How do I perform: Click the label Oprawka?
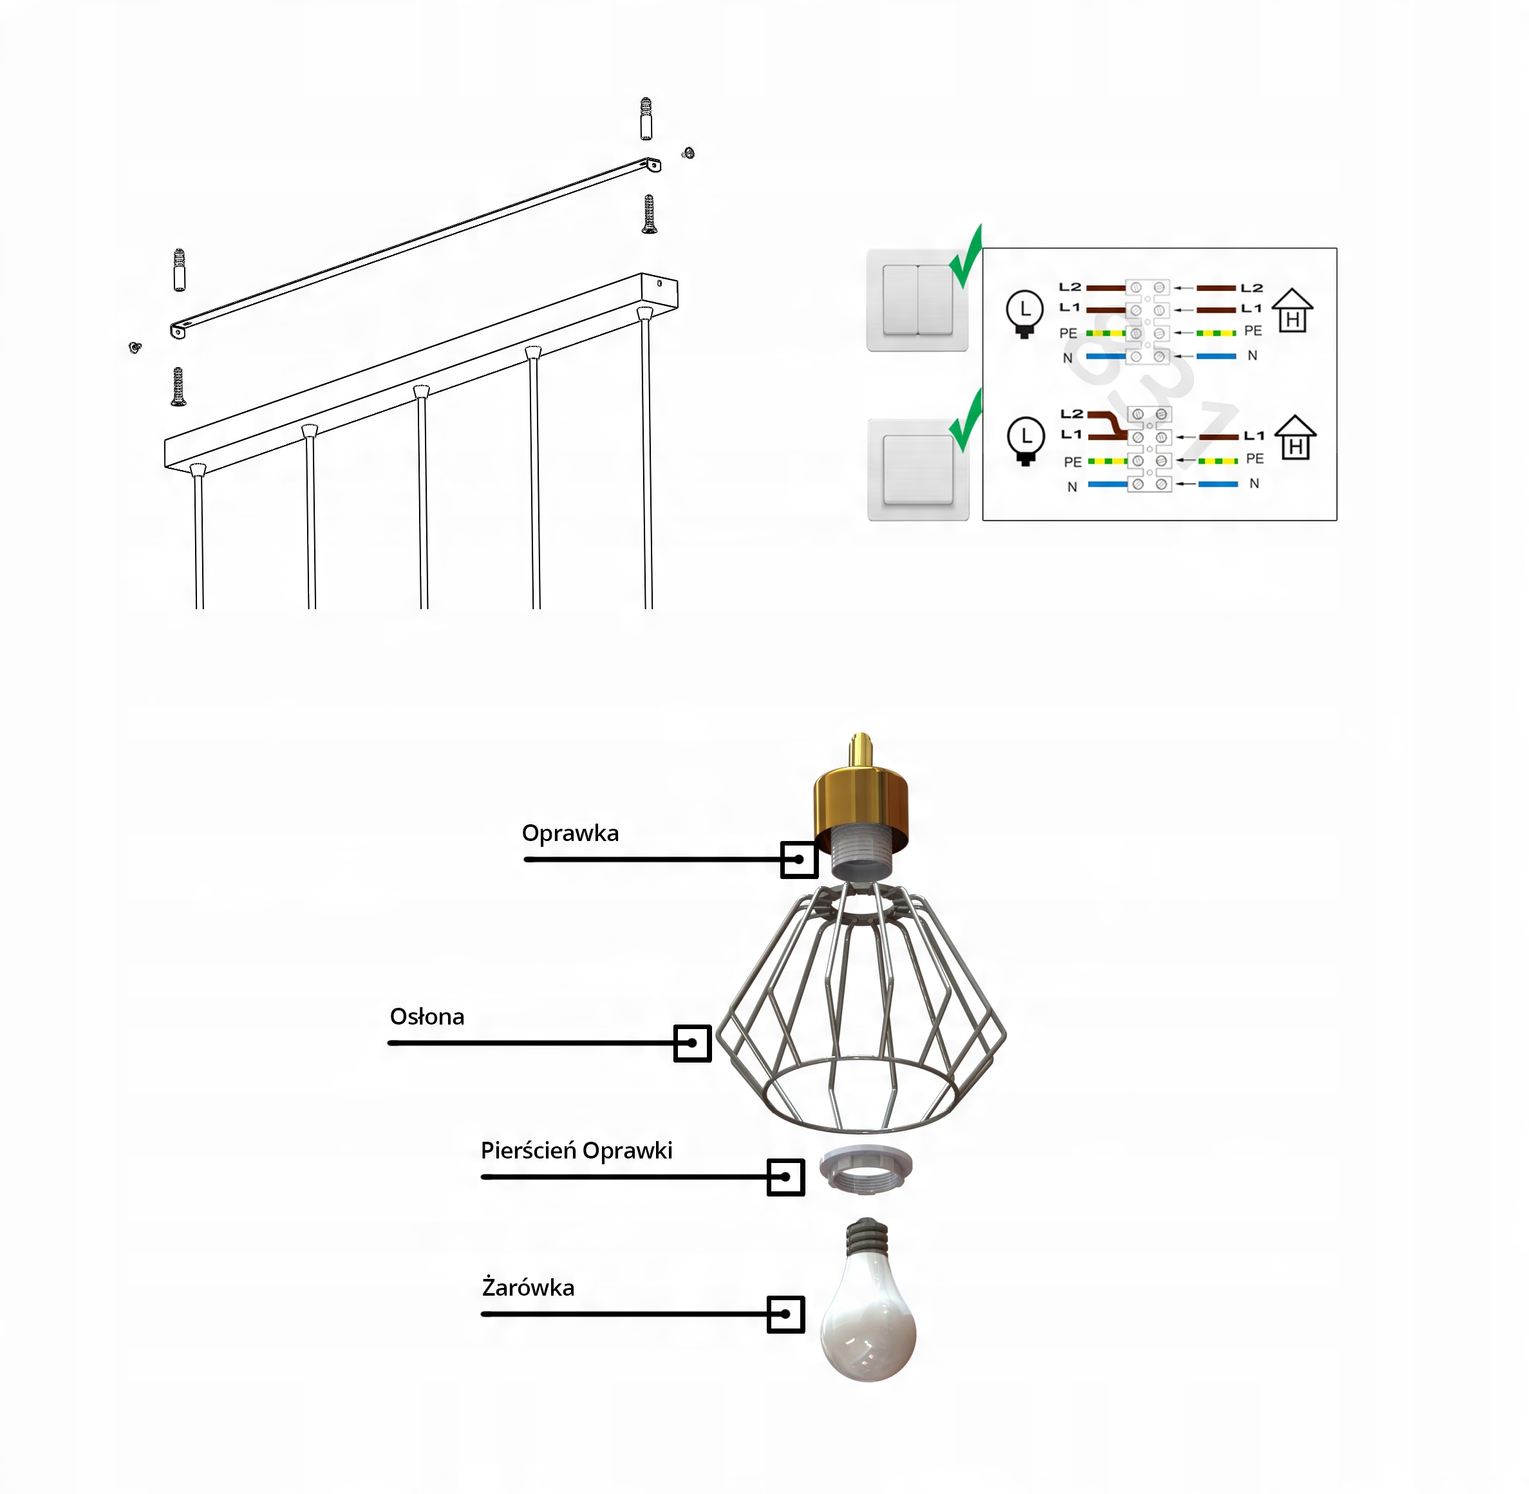(570, 833)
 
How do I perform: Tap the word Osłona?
(427, 1017)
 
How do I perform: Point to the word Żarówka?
(528, 1288)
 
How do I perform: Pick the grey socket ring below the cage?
(865, 1169)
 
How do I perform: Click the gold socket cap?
(861, 800)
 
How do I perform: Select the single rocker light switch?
(918, 469)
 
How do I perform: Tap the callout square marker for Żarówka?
(785, 1314)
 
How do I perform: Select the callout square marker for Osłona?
(692, 1044)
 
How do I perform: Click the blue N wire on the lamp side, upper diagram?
(1105, 356)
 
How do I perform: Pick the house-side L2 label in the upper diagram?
(1252, 288)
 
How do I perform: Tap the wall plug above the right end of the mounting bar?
(646, 118)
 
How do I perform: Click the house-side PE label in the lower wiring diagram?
(1254, 459)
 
